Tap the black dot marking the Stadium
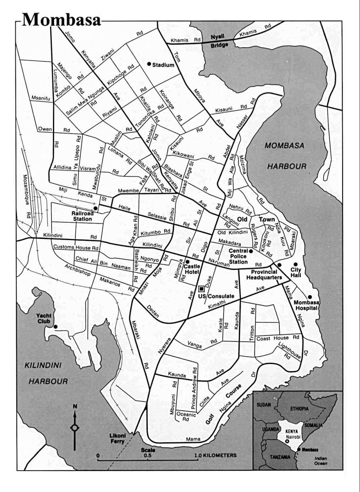click(x=149, y=64)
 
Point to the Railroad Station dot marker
click(x=95, y=208)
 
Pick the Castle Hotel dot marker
click(x=187, y=262)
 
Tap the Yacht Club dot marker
click(x=55, y=326)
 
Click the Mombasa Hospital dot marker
click(x=310, y=297)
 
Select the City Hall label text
click(x=296, y=273)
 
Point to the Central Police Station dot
click(x=251, y=251)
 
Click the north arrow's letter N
click(x=75, y=406)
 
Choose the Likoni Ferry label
click(x=117, y=439)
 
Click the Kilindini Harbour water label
click(x=48, y=373)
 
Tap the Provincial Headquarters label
click(x=264, y=274)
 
